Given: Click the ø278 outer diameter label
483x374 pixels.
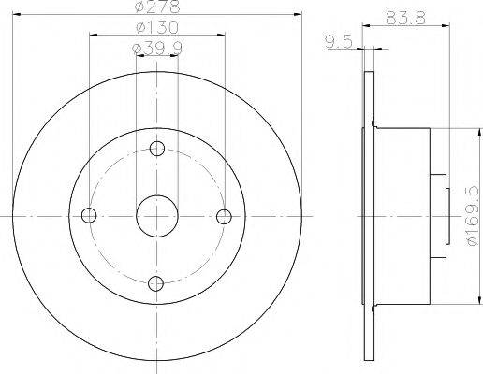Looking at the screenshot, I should click(156, 8).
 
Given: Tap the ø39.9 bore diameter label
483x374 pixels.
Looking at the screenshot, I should click(156, 48).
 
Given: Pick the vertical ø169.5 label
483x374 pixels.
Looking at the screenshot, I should click(471, 216).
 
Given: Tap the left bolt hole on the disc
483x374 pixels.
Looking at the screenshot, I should click(90, 215).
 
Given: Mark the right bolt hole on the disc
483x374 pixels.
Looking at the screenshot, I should click(223, 215).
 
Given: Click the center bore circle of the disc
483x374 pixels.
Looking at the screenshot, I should click(156, 215).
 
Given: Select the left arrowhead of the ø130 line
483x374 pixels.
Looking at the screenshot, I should click(94, 36).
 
